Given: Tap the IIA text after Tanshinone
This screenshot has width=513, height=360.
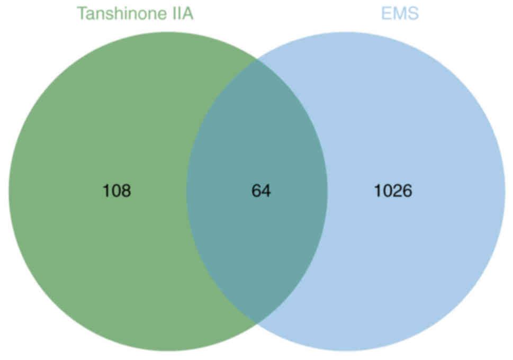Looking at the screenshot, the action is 181,13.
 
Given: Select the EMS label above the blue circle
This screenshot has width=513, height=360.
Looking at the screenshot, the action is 400,13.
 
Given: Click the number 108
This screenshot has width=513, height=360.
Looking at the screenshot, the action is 116,191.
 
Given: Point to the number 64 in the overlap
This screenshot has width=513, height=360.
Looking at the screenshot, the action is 261,191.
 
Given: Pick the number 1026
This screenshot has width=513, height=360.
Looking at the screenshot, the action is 393,191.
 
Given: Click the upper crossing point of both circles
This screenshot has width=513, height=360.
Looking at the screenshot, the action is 257,59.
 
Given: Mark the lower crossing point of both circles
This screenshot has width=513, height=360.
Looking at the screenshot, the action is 257,323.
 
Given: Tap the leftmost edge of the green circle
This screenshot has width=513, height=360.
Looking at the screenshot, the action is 8,191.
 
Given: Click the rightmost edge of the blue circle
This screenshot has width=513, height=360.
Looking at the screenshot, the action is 505,191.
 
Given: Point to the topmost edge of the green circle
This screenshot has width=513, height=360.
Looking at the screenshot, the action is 168,32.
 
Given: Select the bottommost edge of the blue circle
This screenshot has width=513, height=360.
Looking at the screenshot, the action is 346,350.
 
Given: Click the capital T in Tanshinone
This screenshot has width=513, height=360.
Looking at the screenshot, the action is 82,13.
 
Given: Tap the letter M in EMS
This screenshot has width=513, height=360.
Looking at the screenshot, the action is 400,13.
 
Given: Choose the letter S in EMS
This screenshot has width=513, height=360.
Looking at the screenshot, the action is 413,13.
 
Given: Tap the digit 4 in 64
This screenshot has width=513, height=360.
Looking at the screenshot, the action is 266,191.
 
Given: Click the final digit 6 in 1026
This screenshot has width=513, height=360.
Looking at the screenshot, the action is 408,191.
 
